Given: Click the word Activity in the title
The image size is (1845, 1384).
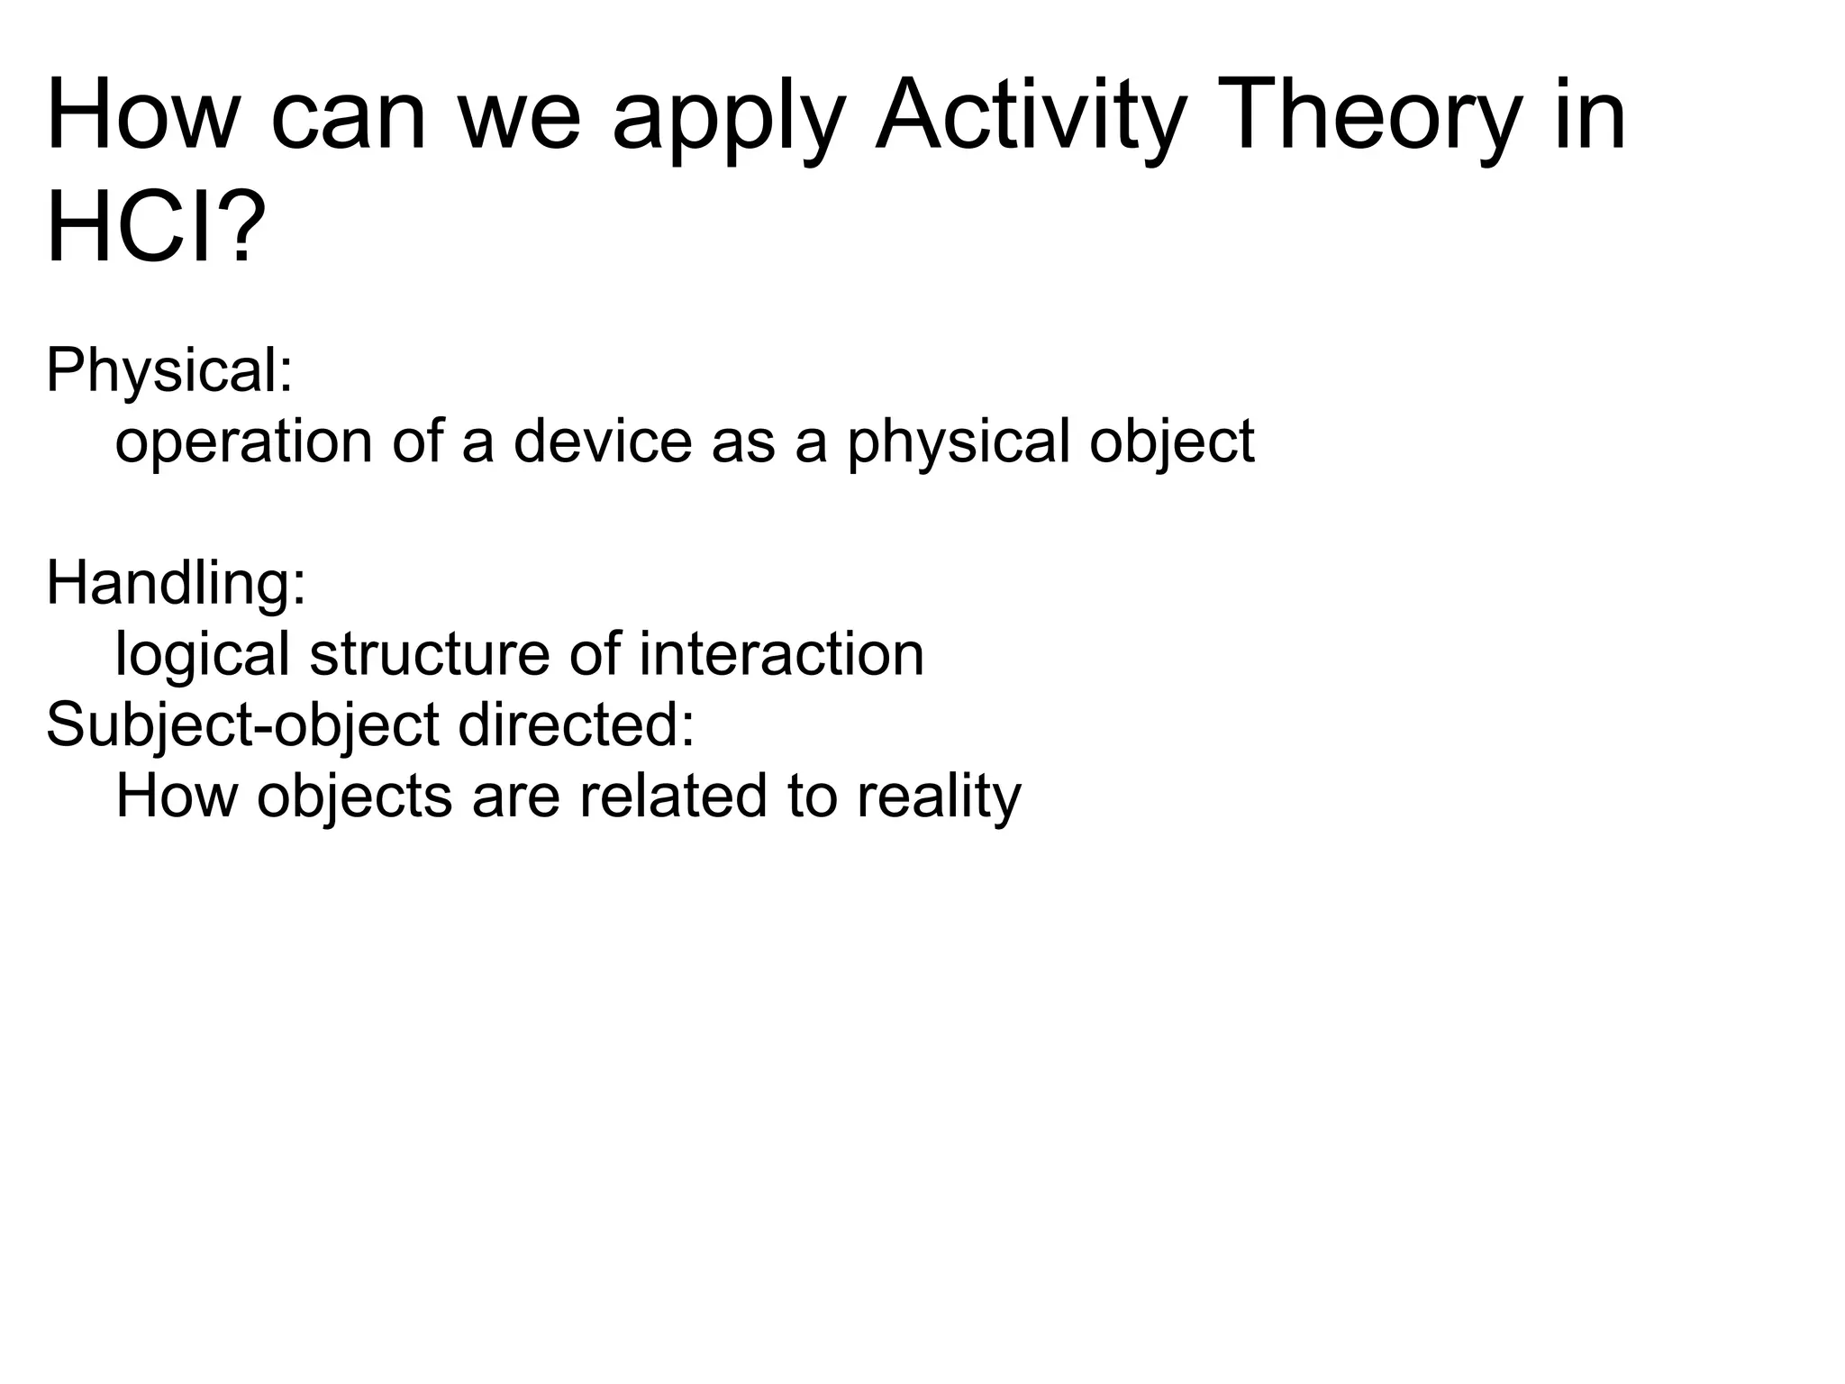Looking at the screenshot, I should point(1027,117).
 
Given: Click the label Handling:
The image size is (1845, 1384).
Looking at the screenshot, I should point(177,582).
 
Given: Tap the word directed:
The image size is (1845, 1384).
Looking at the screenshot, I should point(577,724).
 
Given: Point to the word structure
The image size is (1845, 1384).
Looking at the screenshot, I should point(429,654).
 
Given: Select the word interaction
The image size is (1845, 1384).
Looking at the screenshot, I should point(781,654).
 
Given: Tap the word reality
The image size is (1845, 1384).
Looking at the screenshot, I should point(939,797).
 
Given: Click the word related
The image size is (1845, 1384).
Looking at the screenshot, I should point(673,797).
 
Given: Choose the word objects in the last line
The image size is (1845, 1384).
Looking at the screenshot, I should point(355,797).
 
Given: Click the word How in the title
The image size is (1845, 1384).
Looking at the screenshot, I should point(144,117).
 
